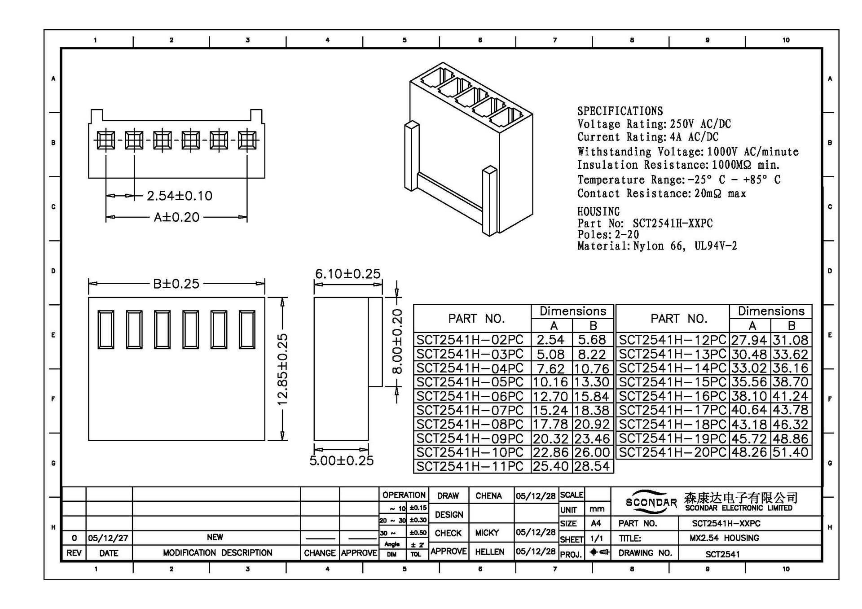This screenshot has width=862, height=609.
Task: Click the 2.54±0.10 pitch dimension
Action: [180, 196]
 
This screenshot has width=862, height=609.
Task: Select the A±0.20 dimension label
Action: [176, 217]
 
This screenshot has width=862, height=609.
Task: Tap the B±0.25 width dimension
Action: [176, 284]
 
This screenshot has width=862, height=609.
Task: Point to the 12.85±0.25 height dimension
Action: [282, 369]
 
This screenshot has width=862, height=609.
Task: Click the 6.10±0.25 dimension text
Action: [347, 274]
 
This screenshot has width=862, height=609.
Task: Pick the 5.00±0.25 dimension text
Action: [341, 460]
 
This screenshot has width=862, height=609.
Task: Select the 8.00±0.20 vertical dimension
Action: [397, 341]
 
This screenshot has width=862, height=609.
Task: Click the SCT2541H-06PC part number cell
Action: [470, 396]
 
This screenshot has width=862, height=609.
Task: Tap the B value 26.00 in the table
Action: [592, 452]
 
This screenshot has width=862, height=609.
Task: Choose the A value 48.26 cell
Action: [749, 452]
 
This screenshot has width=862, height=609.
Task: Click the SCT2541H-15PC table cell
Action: [672, 382]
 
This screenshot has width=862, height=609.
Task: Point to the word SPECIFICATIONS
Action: [620, 111]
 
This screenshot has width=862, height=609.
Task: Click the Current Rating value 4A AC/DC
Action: [694, 137]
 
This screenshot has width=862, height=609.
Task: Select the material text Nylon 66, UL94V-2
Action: [685, 246]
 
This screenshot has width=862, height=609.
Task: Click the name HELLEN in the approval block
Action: [489, 552]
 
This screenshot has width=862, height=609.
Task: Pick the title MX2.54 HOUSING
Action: [724, 538]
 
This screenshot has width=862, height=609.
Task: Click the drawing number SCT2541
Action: [722, 554]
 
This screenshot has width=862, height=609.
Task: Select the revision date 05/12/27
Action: [108, 538]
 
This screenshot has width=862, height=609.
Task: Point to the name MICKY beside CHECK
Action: [487, 533]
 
